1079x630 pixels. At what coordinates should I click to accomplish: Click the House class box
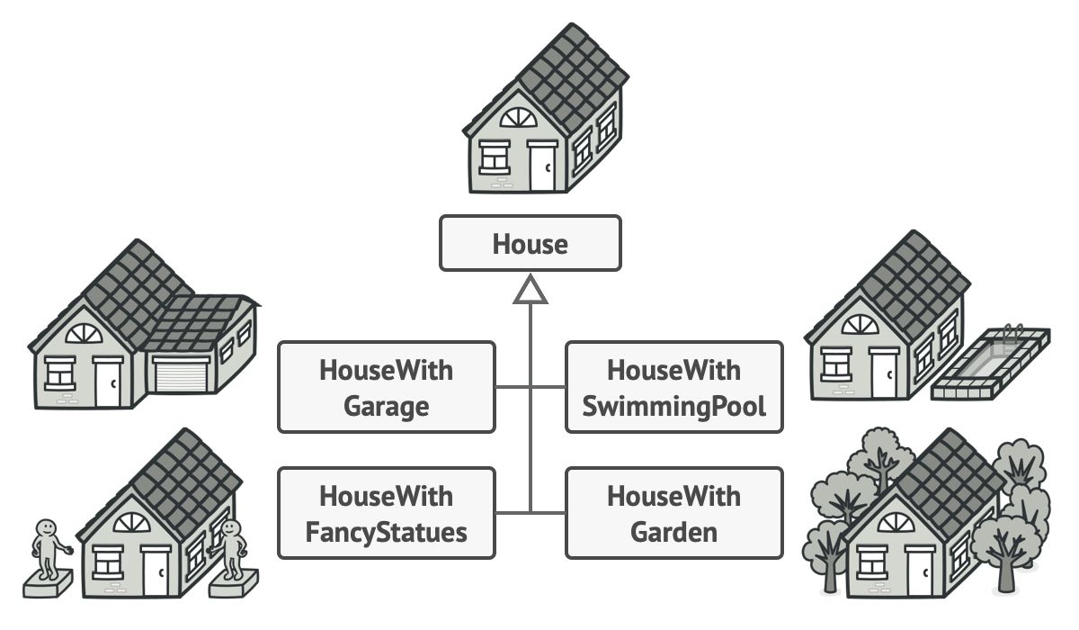530,243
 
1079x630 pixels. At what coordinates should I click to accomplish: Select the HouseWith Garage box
387,387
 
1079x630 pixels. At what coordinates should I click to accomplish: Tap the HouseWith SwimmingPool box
673,387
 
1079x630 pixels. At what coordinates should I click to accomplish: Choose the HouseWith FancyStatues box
387,513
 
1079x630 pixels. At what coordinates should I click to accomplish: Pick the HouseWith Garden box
673,513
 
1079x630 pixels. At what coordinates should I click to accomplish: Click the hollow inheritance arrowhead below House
531,290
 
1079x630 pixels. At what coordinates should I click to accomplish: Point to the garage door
181,373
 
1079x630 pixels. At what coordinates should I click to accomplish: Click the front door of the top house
542,166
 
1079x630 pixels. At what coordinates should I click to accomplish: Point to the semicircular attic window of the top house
518,118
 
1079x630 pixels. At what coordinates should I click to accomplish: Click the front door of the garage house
108,382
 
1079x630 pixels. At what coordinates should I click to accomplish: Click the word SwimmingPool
673,406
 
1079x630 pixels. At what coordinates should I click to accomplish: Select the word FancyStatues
387,531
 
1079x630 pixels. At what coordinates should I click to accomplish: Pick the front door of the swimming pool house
884,374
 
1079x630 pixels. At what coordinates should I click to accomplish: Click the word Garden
673,531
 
